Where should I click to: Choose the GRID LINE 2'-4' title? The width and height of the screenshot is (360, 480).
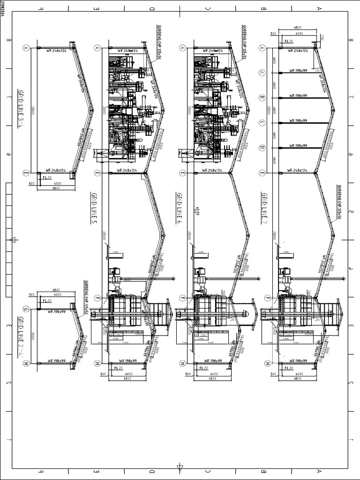tap(20, 334)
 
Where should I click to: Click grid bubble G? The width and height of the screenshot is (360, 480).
tap(26, 309)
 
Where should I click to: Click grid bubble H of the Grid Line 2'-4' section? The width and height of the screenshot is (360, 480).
tap(26, 363)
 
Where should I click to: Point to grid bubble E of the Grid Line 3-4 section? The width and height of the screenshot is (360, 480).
tap(26, 172)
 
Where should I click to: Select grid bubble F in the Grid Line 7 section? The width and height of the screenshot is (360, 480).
tap(267, 298)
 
